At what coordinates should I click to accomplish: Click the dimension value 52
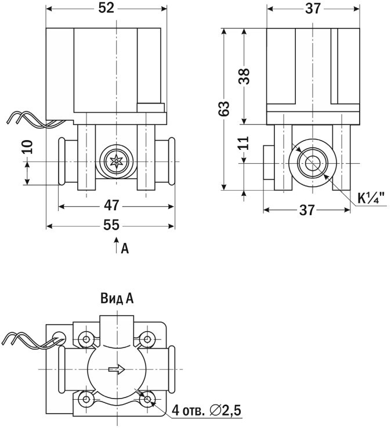[106, 8]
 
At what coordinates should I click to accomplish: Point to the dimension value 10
[27, 145]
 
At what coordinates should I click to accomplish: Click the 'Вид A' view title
[117, 299]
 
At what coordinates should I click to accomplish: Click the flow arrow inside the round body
[117, 369]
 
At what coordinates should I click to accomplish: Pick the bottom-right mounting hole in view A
[147, 400]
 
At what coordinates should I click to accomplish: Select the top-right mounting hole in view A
[147, 338]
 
